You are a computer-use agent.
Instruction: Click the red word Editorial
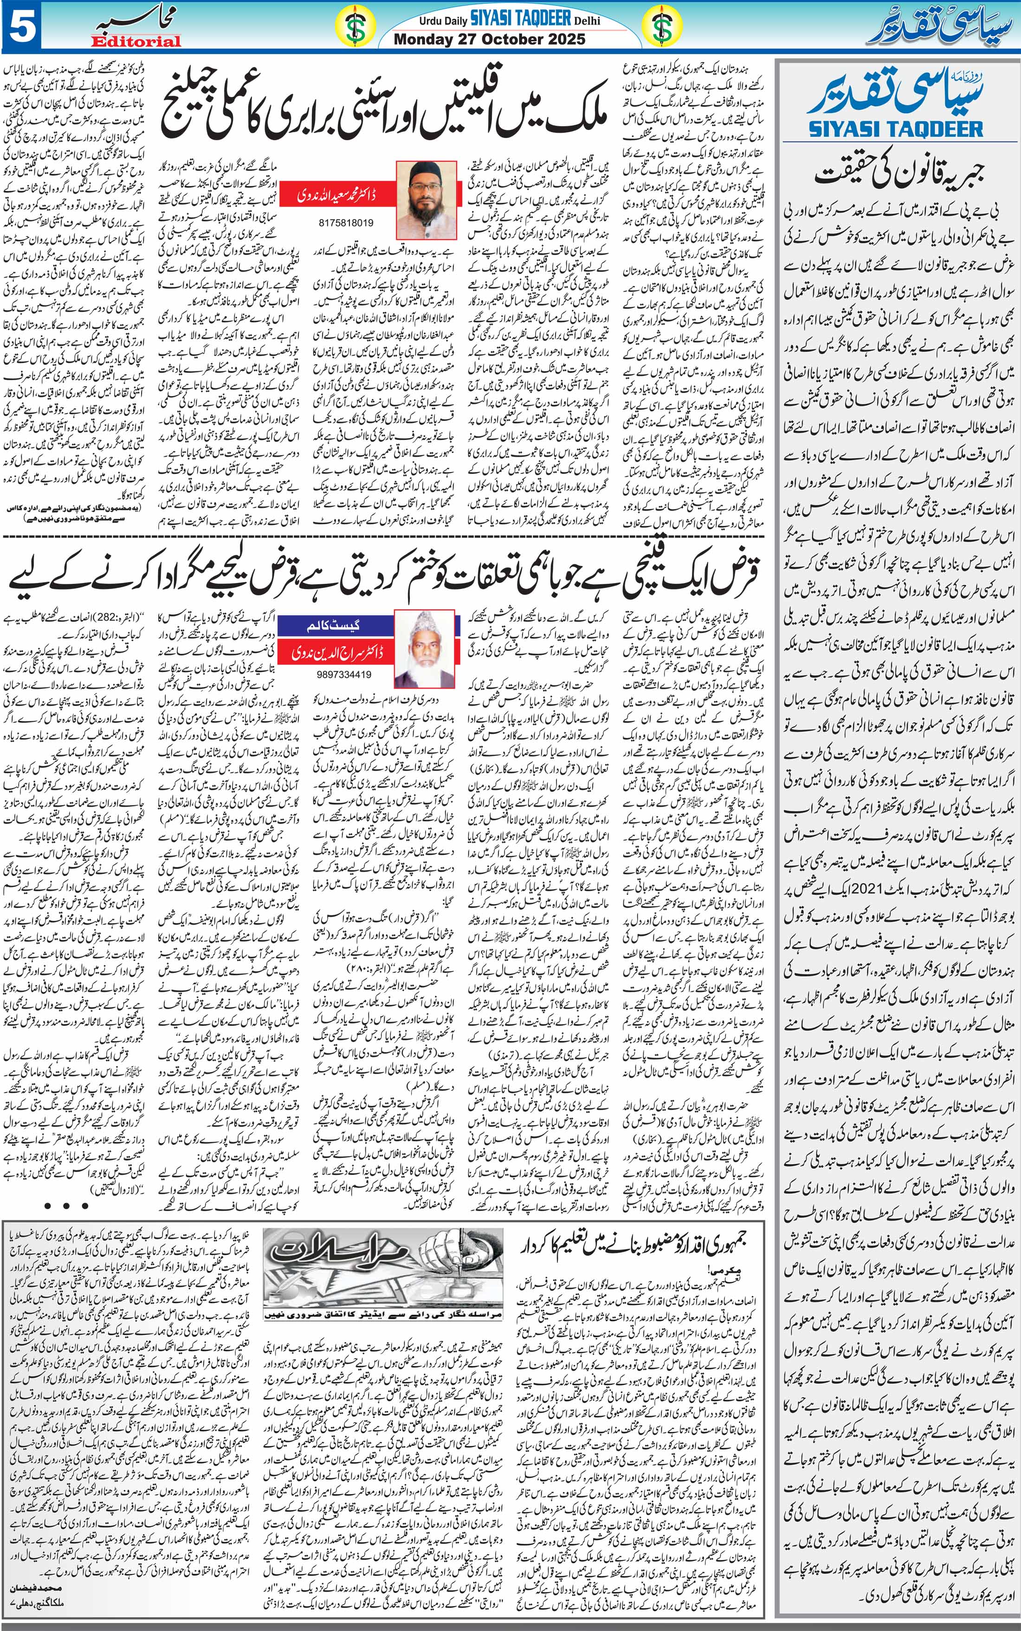pyautogui.click(x=136, y=41)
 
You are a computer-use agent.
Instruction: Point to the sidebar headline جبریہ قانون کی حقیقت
pyautogui.click(x=898, y=173)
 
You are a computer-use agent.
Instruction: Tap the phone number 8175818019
pyautogui.click(x=346, y=222)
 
